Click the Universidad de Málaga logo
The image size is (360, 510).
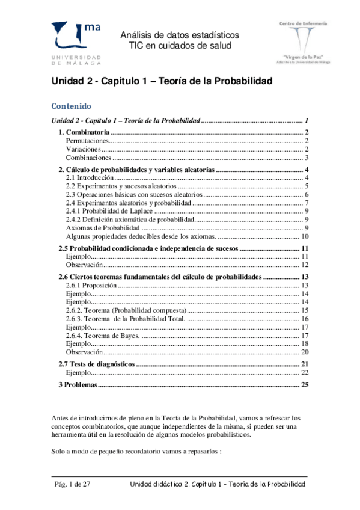point(77,41)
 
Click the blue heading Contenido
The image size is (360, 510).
point(71,106)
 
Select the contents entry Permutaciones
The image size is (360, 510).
point(84,140)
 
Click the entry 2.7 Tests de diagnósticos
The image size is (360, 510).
point(97,364)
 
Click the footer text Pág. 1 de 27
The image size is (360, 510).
point(71,484)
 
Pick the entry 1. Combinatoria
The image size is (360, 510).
point(84,131)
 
